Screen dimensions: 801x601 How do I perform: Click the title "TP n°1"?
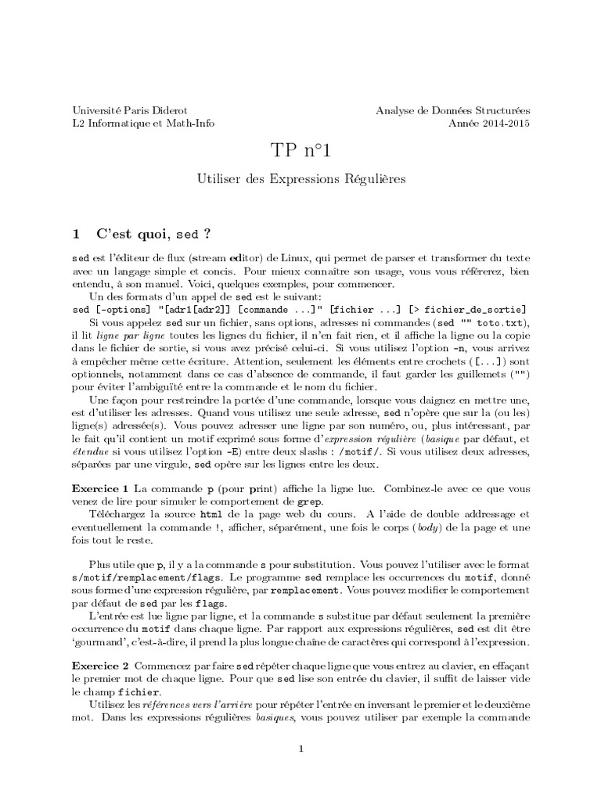(300, 151)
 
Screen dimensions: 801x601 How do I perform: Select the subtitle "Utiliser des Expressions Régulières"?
(300, 179)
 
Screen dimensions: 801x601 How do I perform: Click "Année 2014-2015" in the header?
(489, 123)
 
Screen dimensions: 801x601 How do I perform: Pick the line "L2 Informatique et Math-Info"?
(142, 123)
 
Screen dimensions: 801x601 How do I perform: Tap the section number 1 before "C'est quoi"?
(76, 233)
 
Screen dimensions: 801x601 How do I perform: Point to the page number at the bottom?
(300, 749)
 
